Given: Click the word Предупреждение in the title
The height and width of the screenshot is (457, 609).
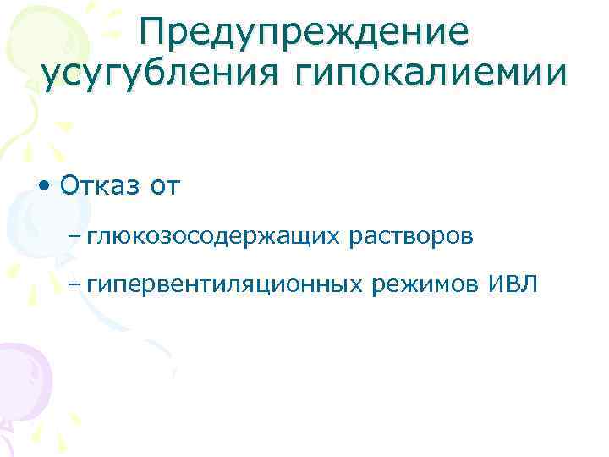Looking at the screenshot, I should (304, 32).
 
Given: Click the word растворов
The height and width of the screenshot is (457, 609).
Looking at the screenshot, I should (411, 236).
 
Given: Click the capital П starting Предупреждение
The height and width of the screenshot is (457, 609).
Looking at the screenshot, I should (155, 32).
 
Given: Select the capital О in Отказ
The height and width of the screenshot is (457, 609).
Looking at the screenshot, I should (70, 186).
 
